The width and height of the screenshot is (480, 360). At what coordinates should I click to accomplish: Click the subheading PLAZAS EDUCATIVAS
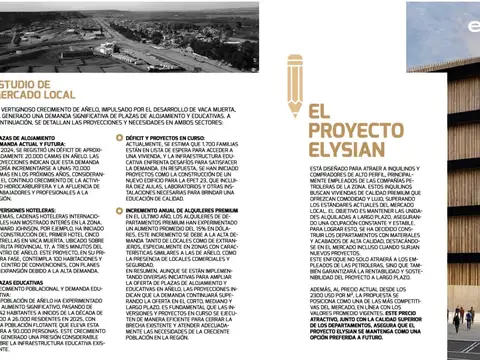point(26,283)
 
